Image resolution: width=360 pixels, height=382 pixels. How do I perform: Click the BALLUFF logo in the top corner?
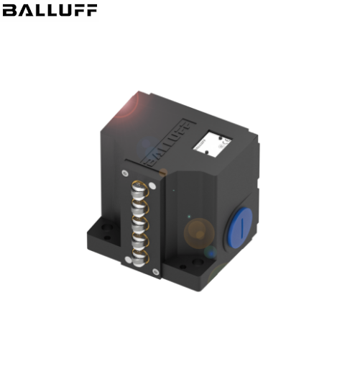point(49,11)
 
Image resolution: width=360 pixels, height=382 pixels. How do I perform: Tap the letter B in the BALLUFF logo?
point(8,11)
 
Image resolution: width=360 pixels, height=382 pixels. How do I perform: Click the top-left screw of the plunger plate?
point(126,173)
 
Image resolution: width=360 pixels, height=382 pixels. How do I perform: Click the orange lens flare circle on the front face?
point(198,232)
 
